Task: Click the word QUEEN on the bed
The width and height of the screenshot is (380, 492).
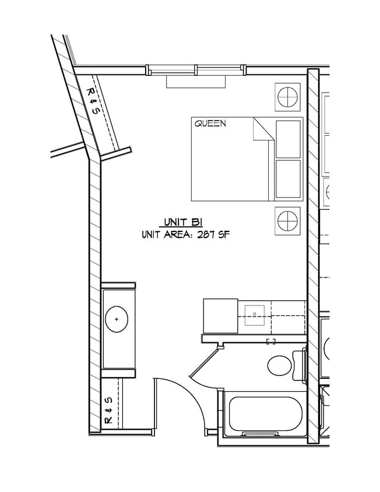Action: point(210,124)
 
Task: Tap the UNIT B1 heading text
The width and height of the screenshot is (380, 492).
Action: point(182,222)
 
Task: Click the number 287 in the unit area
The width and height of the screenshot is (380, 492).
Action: point(206,235)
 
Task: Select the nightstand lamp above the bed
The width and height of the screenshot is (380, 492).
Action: point(287,97)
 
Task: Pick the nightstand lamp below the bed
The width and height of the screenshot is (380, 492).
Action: point(287,221)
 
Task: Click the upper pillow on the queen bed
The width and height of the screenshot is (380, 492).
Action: point(288,139)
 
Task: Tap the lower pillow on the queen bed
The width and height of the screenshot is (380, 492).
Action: point(288,179)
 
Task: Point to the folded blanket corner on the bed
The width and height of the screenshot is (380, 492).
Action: point(263,129)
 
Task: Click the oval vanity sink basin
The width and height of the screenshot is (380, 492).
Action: point(117,319)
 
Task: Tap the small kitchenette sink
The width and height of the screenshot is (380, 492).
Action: point(255,315)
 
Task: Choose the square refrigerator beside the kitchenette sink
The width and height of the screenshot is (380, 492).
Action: point(220,315)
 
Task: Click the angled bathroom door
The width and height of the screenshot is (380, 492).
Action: point(204,360)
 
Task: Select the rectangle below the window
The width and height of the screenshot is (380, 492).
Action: point(196,82)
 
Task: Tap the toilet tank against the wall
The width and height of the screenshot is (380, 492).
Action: point(299,366)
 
